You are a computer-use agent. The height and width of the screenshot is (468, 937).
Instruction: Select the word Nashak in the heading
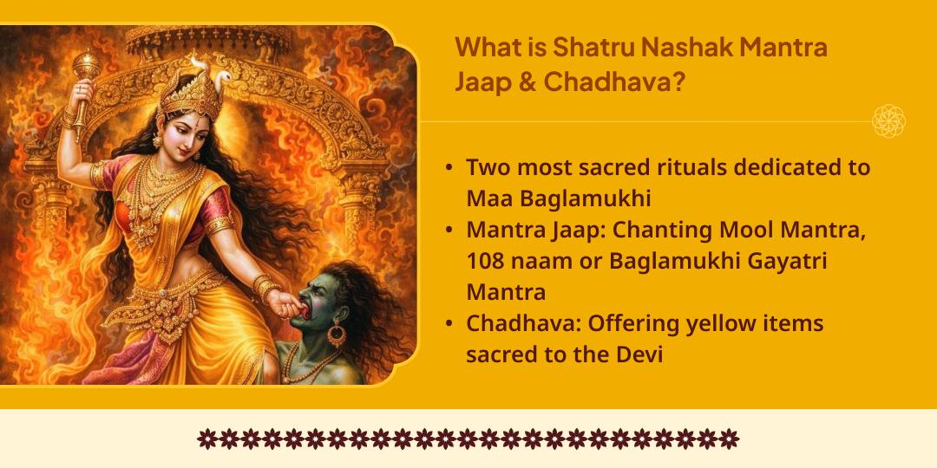point(668,47)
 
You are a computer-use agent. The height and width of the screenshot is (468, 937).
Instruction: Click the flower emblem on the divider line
point(888,121)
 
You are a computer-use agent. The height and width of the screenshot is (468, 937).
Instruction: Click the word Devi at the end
point(638,354)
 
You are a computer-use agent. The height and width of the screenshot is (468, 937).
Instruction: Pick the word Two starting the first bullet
point(488,167)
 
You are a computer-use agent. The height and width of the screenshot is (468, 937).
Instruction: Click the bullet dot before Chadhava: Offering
point(448,324)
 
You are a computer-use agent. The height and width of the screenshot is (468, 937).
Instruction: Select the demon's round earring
point(337,334)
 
